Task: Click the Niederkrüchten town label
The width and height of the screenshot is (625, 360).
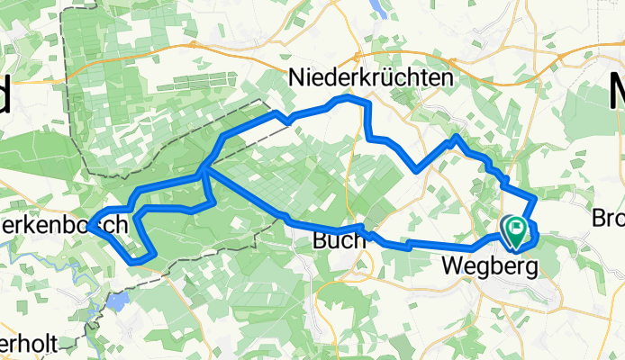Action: pos(370,80)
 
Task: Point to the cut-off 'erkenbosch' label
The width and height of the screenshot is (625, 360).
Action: pos(63,225)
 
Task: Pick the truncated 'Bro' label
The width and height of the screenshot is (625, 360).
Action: pos(609,219)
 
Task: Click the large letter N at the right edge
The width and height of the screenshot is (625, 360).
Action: pos(615,93)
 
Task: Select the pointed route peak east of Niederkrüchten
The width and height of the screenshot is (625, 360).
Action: pos(457,136)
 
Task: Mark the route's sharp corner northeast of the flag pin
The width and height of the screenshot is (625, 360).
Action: pos(536,197)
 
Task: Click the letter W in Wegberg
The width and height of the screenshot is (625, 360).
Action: pos(453,266)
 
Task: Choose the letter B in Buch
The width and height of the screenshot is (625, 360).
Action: pos(320,241)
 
